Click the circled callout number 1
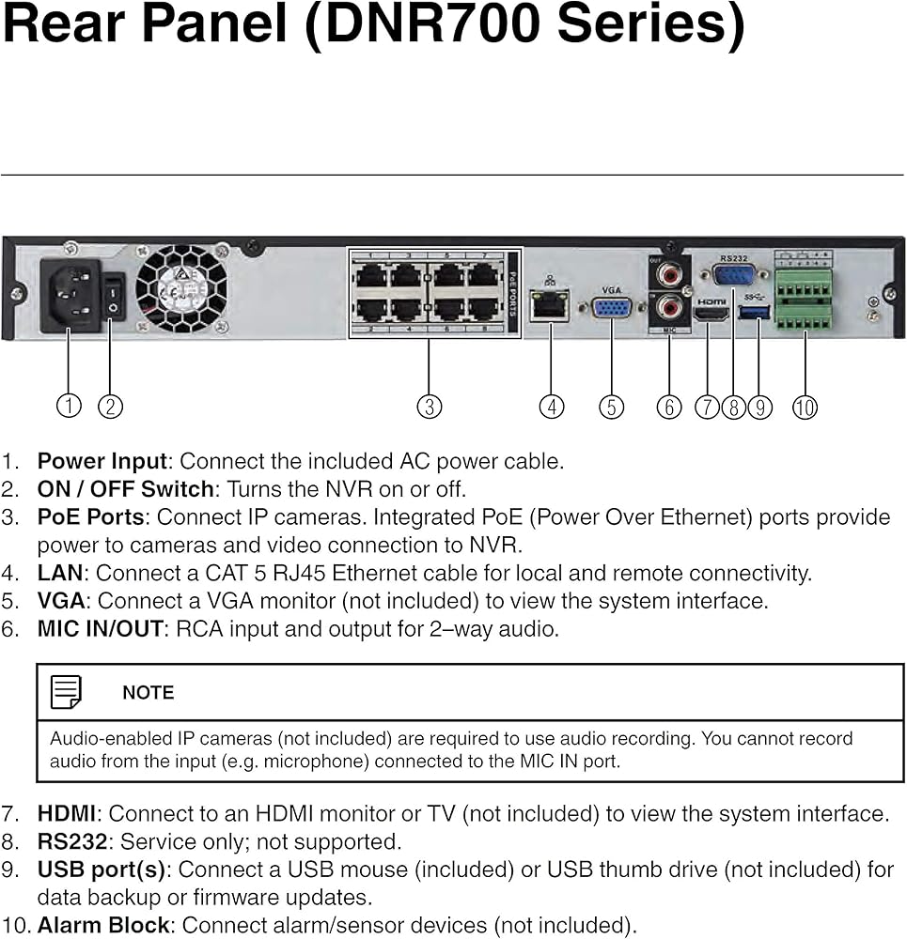[68, 406]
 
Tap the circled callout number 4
[552, 407]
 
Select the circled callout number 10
[805, 407]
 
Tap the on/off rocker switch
[113, 296]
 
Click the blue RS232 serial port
[732, 275]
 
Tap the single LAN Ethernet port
[549, 305]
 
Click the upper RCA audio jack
[669, 275]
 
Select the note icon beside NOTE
[66, 693]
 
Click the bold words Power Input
[102, 461]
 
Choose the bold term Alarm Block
[103, 925]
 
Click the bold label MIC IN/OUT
[100, 629]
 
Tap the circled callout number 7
[707, 407]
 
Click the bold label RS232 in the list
[71, 841]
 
